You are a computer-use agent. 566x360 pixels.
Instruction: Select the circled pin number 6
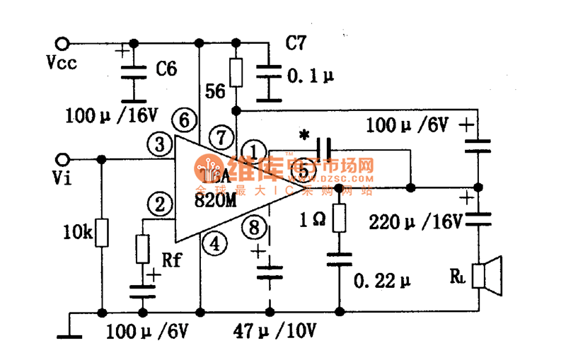[x=183, y=120]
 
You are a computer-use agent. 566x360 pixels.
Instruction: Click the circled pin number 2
[x=161, y=205]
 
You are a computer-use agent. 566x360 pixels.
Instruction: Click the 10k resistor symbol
[x=103, y=233]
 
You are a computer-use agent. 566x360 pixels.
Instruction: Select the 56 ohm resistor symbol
[x=236, y=71]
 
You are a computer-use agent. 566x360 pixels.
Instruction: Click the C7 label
[x=296, y=43]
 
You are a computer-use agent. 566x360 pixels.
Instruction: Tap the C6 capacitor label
[x=166, y=69]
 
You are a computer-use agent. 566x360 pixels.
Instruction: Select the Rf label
[x=173, y=260]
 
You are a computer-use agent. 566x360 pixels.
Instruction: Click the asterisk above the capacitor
[x=305, y=134]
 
